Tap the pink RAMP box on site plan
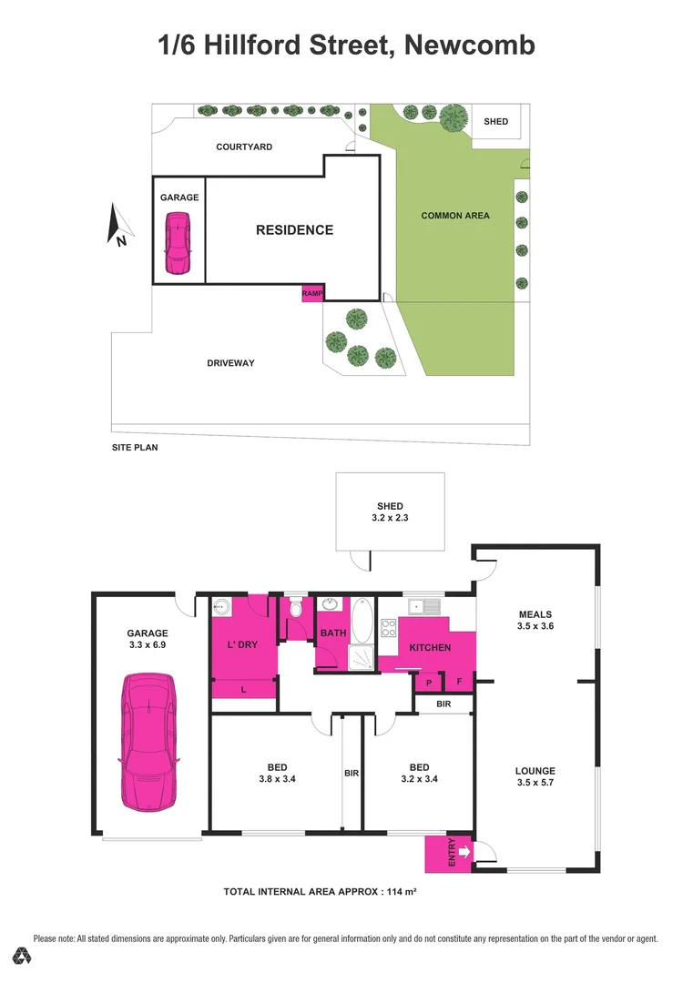coord(312,293)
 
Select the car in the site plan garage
coord(177,243)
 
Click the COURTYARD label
coord(244,147)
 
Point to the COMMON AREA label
coord(455,216)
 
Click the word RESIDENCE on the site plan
coord(294,230)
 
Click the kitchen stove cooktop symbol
coord(387,627)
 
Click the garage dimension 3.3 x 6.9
coord(147,644)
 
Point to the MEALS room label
coord(535,614)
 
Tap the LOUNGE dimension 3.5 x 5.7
coord(535,782)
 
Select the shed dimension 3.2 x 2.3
coord(390,518)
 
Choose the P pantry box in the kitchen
coord(428,682)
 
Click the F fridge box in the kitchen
coord(459,682)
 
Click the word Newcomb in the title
coord(469,45)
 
